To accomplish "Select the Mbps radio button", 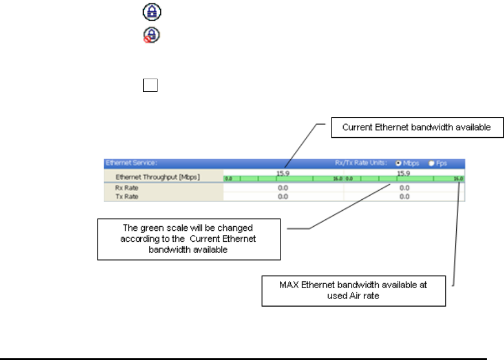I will click(x=398, y=163).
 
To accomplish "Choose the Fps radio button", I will click(x=431, y=163).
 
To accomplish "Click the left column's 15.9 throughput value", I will click(x=282, y=172).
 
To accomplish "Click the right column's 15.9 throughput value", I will click(x=404, y=172).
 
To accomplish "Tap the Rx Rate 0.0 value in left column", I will click(x=283, y=187).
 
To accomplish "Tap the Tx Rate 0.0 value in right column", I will click(x=404, y=196).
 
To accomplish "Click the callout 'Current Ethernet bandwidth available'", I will click(x=416, y=127).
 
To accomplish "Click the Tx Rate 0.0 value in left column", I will click(x=283, y=196).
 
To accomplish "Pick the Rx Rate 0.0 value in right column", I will click(x=404, y=187).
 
